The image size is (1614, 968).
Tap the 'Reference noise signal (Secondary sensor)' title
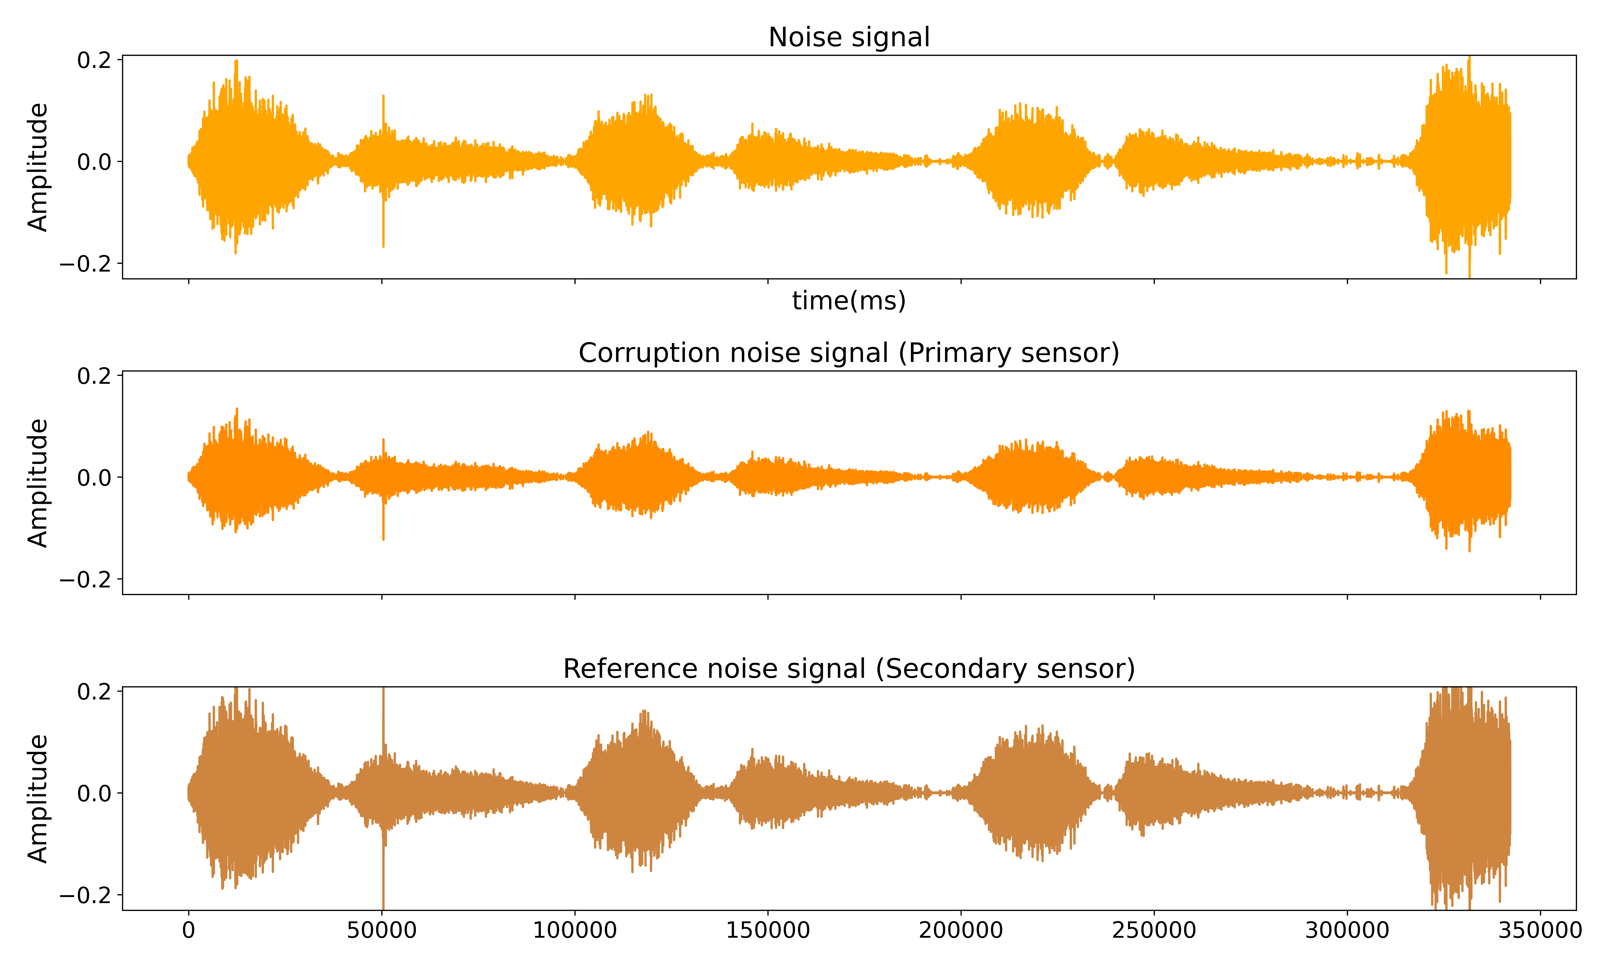(849, 669)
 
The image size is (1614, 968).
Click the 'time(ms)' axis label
(849, 301)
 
